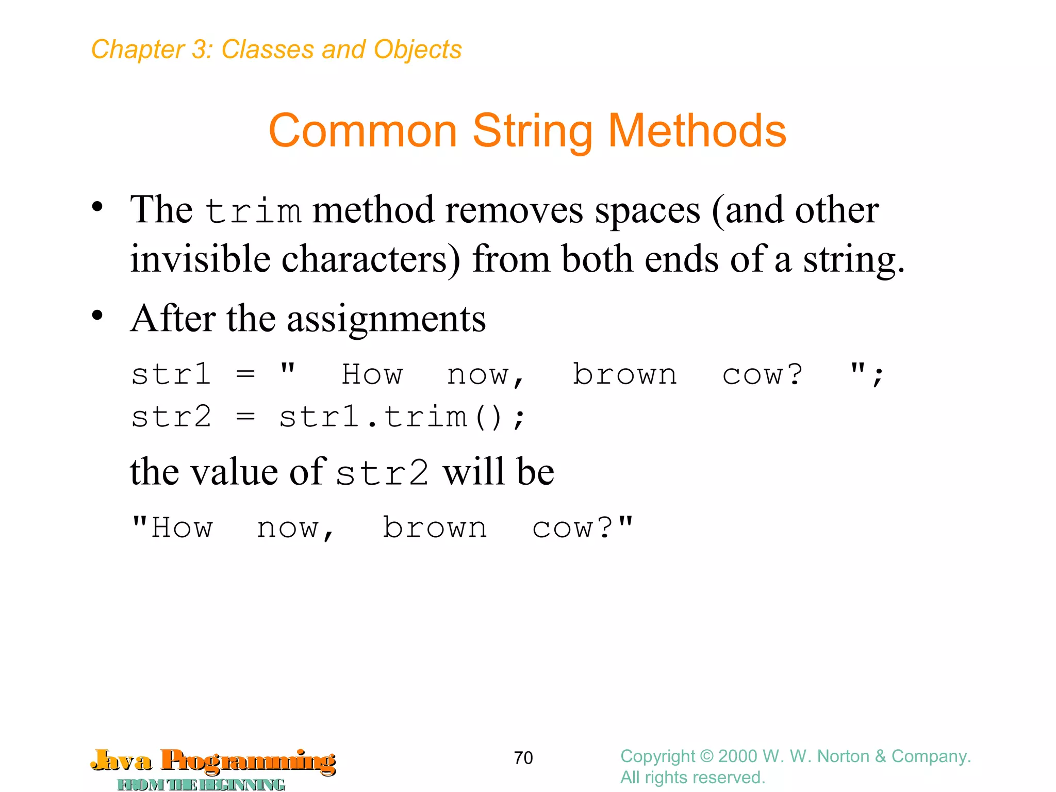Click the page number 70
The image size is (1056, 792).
523,757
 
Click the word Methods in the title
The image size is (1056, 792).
697,131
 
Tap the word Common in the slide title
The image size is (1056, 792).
363,131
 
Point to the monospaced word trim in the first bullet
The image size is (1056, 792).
253,211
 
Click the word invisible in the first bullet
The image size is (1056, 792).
200,259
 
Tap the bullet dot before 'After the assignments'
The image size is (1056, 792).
97,315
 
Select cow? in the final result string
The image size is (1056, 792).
572,527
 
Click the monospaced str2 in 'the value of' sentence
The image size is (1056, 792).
382,472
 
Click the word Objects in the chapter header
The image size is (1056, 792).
418,49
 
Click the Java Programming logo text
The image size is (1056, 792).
213,761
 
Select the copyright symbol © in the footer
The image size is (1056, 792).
707,756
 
